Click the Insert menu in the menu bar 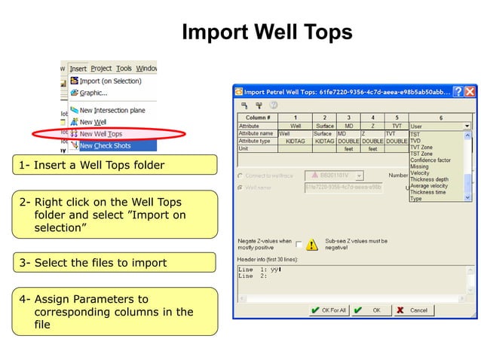[78, 69]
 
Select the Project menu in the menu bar [101, 69]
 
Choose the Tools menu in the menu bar [124, 69]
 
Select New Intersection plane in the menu [112, 111]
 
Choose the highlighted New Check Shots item [105, 146]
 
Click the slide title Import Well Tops [267, 32]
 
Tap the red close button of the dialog [470, 92]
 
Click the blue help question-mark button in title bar [457, 92]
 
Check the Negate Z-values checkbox [299, 245]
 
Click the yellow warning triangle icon [312, 245]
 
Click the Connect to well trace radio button [240, 175]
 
